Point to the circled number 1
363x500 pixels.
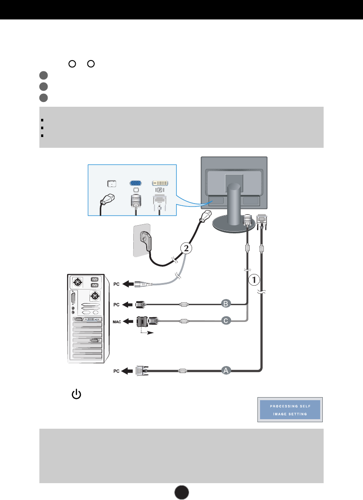(x=255, y=280)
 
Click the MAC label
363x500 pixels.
(x=117, y=321)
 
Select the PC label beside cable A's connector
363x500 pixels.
(x=117, y=370)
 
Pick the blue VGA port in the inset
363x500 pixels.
(x=135, y=183)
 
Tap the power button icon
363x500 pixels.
(x=76, y=394)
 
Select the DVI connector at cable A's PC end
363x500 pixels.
(x=140, y=370)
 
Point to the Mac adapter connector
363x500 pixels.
(x=145, y=321)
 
